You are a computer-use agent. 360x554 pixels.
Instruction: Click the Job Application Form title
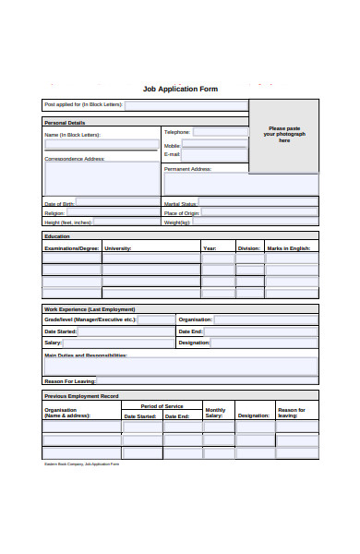(x=180, y=89)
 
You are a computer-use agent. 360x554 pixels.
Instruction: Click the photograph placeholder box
(x=283, y=136)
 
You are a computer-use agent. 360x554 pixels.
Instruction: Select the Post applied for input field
(x=185, y=105)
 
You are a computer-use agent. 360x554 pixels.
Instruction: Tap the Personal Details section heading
(x=65, y=122)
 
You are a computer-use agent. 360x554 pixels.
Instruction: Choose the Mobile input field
(x=214, y=144)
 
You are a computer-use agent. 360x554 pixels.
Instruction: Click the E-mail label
(x=173, y=154)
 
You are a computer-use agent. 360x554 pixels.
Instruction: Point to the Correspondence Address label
(x=75, y=159)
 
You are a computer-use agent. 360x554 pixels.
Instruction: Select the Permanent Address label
(x=188, y=169)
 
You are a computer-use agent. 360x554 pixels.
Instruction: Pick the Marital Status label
(x=180, y=203)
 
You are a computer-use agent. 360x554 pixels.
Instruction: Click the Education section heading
(x=57, y=236)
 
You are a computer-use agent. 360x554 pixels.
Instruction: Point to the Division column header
(x=249, y=247)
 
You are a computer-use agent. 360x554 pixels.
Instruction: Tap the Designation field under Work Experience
(x=264, y=343)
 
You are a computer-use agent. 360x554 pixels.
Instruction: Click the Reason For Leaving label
(x=70, y=380)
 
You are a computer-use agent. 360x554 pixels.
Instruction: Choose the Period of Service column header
(x=162, y=406)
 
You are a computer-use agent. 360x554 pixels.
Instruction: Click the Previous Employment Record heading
(x=81, y=395)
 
